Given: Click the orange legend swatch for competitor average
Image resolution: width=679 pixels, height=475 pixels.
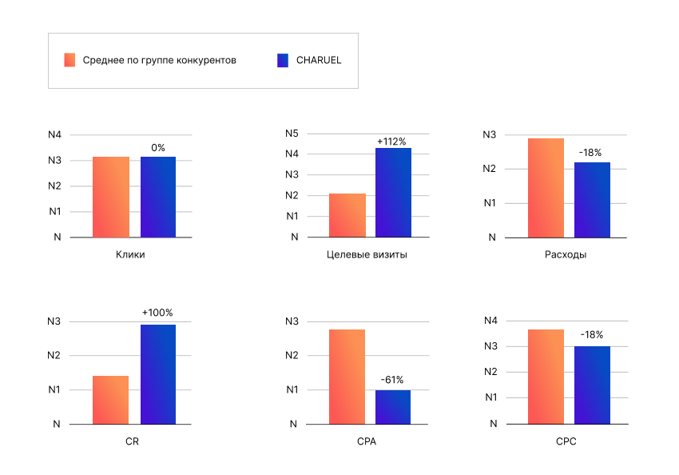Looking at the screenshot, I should tap(69, 60).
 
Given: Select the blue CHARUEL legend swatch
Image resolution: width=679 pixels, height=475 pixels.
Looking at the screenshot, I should tap(282, 60).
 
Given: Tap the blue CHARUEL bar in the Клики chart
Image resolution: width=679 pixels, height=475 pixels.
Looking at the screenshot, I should tap(158, 197).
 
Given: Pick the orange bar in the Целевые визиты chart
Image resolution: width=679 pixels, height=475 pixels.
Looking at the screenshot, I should tap(347, 215).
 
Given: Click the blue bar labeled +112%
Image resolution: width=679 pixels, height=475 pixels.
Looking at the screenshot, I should tap(393, 193).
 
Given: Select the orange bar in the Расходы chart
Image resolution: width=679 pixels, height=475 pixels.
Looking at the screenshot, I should tap(546, 188).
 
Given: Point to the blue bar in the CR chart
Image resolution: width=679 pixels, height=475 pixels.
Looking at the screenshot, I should tap(158, 373).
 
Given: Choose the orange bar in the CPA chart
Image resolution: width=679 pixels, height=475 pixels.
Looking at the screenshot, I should tap(347, 376).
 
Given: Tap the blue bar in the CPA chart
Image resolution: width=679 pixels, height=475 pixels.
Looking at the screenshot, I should tap(393, 407).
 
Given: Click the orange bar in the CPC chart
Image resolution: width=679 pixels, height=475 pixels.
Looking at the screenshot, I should tap(546, 376).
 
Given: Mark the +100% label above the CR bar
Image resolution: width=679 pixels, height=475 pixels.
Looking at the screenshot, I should tap(157, 313).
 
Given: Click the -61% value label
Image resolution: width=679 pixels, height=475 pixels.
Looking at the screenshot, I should tap(392, 380).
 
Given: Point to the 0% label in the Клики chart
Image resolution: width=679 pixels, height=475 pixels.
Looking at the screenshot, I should tap(158, 147).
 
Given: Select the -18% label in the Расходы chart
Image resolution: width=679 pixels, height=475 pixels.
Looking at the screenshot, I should tap(590, 152).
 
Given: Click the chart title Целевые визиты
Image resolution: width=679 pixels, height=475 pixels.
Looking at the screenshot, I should tap(367, 255).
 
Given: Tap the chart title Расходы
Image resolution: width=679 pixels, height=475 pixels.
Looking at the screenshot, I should tap(566, 255).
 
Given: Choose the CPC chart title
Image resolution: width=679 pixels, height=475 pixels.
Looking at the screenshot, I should tap(566, 441).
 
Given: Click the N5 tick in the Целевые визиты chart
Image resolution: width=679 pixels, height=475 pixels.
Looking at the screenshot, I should tap(292, 134).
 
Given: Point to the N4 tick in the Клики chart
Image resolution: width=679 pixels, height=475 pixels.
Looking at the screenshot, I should tap(54, 135).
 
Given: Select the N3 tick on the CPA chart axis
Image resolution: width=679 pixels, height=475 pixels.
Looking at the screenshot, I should tap(292, 321).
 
